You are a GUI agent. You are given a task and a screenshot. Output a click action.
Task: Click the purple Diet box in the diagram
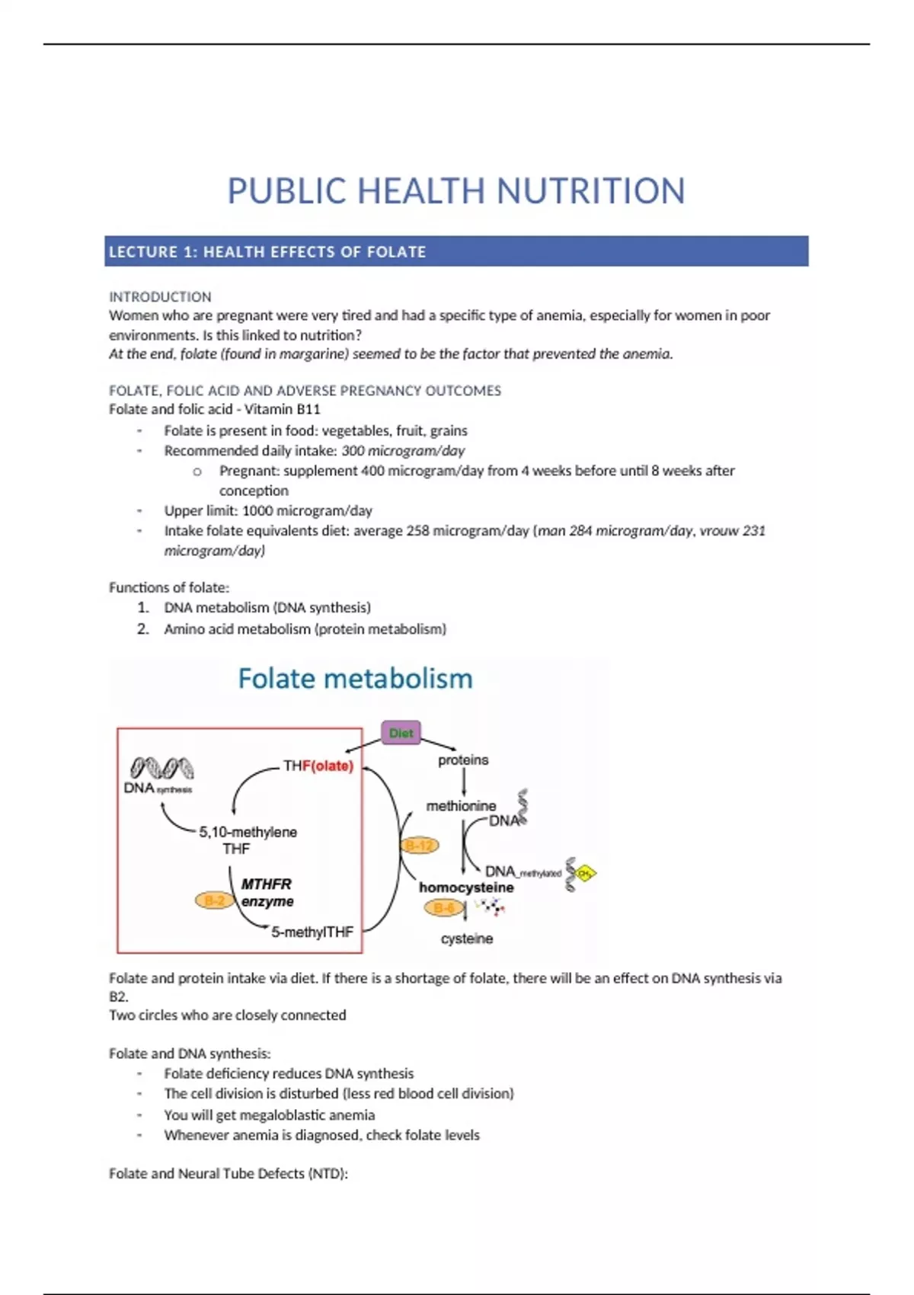(401, 733)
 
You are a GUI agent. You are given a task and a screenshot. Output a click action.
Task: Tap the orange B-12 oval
(419, 846)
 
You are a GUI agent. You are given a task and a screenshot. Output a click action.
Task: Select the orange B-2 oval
(215, 900)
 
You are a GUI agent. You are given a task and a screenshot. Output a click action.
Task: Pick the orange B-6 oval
(444, 907)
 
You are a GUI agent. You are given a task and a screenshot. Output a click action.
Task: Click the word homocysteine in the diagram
(466, 887)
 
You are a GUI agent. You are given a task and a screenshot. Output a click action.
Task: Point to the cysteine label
(466, 938)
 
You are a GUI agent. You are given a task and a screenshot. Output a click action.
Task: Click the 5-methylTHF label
(312, 932)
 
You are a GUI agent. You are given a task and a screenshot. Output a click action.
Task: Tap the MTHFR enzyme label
(267, 893)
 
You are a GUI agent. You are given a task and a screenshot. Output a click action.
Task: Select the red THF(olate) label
(318, 766)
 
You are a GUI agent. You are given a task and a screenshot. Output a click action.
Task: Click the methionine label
(461, 806)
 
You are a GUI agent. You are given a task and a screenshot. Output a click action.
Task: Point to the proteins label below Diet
(463, 760)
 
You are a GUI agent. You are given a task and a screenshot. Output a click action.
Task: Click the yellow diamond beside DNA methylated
(585, 874)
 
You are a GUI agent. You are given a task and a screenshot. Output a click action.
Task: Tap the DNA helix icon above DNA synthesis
(161, 768)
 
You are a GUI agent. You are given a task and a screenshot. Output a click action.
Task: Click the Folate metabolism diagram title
(355, 679)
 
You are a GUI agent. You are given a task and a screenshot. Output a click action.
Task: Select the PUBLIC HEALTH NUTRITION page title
(456, 191)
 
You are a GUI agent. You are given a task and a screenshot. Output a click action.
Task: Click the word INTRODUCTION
(160, 297)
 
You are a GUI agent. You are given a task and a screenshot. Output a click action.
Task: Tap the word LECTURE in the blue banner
(142, 252)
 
